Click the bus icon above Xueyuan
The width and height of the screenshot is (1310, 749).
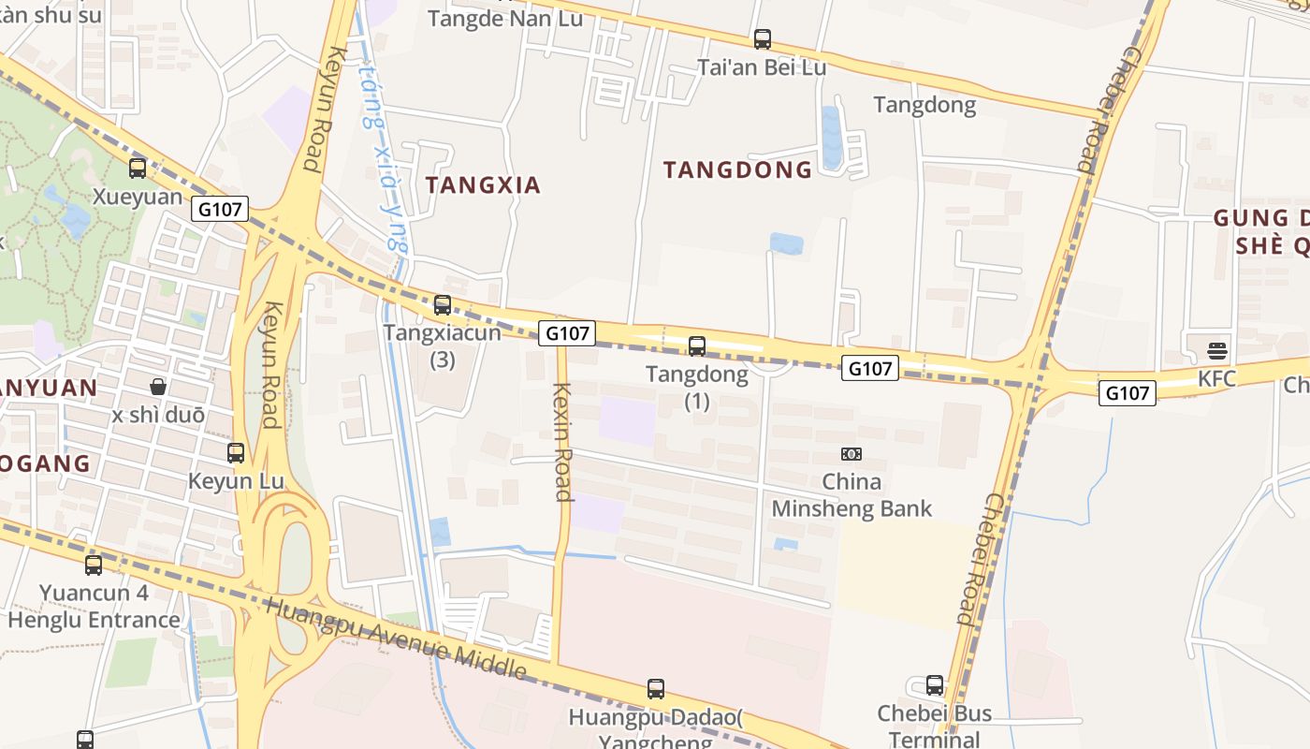pyautogui.click(x=138, y=169)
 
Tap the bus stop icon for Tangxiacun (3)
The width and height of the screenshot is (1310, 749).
pyautogui.click(x=443, y=304)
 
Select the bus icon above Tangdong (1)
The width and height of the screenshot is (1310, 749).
pyautogui.click(x=697, y=346)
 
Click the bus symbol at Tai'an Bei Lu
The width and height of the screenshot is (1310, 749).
pyautogui.click(x=763, y=39)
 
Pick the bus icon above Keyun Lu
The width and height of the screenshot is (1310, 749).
pyautogui.click(x=236, y=453)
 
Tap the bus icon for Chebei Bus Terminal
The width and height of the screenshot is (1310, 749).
pyautogui.click(x=935, y=685)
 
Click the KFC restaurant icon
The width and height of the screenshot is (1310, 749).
pyautogui.click(x=1217, y=351)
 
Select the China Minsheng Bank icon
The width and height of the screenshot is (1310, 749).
pyautogui.click(x=851, y=454)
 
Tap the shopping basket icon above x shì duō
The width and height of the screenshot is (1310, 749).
pyautogui.click(x=158, y=387)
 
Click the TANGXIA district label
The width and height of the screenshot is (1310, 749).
pyautogui.click(x=484, y=185)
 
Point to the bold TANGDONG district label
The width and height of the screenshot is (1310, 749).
pyautogui.click(x=738, y=169)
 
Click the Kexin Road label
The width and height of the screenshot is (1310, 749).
pyautogui.click(x=562, y=441)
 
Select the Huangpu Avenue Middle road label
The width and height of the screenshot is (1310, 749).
pyautogui.click(x=395, y=637)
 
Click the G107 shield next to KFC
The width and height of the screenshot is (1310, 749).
pyautogui.click(x=1127, y=393)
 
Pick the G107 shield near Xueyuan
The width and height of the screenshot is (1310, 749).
pyautogui.click(x=221, y=210)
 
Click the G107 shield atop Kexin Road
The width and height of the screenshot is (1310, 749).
pyautogui.click(x=567, y=332)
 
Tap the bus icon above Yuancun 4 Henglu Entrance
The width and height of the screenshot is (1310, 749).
pyautogui.click(x=94, y=565)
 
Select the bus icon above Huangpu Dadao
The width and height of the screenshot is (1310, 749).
pyautogui.click(x=656, y=689)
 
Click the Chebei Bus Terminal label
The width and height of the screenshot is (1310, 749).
pyautogui.click(x=934, y=726)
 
